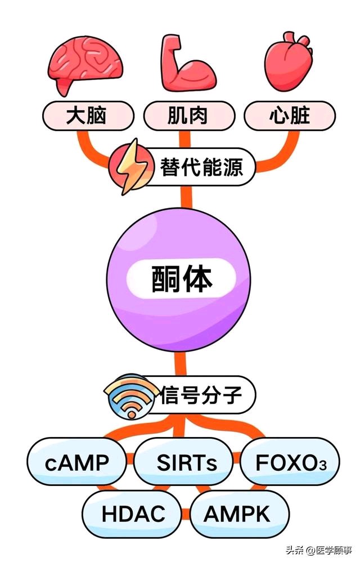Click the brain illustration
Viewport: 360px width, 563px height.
click(85, 65)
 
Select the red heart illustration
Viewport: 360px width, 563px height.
click(289, 61)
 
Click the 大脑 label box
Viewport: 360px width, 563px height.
click(88, 116)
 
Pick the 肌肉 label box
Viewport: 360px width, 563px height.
click(189, 116)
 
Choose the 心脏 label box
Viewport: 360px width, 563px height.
click(290, 116)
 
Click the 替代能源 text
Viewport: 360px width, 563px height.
click(201, 167)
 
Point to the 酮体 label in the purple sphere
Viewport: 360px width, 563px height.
click(181, 278)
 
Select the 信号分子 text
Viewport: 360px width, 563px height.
click(201, 395)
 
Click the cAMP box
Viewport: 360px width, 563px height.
click(77, 462)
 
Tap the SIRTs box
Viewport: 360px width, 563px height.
click(183, 462)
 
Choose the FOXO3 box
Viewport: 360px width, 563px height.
click(290, 462)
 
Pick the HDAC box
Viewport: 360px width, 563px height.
click(132, 514)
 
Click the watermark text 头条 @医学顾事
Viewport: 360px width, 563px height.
click(319, 550)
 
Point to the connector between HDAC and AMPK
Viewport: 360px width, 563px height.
click(186, 514)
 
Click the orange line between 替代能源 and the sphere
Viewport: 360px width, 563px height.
click(186, 197)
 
